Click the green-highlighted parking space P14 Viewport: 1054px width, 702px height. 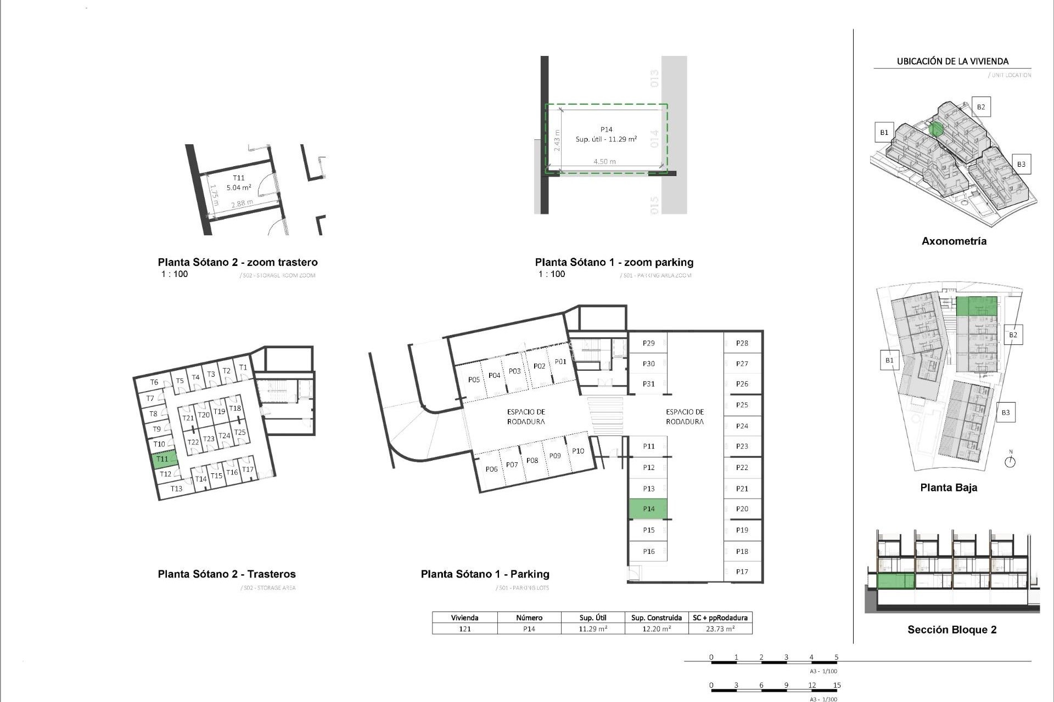pyautogui.click(x=648, y=508)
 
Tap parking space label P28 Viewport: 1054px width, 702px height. pyautogui.click(x=742, y=343)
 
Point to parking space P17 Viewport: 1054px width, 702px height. pyautogui.click(x=742, y=571)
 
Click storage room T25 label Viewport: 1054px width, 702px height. pyautogui.click(x=240, y=432)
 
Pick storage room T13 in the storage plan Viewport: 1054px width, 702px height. pyautogui.click(x=176, y=488)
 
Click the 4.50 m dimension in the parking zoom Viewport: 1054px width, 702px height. pyautogui.click(x=604, y=161)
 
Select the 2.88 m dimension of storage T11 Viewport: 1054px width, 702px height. pyautogui.click(x=242, y=203)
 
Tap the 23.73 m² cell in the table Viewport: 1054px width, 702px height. pyautogui.click(x=720, y=629)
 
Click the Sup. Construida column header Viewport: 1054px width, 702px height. pyautogui.click(x=657, y=618)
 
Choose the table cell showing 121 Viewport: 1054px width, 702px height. pyautogui.click(x=464, y=629)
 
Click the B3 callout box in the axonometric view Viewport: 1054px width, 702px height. pyautogui.click(x=1021, y=164)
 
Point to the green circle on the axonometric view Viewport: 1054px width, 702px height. pyautogui.click(x=937, y=129)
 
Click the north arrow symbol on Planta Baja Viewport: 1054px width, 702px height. pyautogui.click(x=1010, y=461)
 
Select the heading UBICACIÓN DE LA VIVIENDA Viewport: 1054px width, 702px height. pyautogui.click(x=952, y=61)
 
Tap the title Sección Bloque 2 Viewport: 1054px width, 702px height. pyautogui.click(x=952, y=630)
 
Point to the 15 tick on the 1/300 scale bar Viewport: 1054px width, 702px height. pyautogui.click(x=837, y=685)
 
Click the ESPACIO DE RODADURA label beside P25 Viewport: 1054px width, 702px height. pyautogui.click(x=685, y=416)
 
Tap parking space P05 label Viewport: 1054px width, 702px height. pyautogui.click(x=474, y=380)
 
